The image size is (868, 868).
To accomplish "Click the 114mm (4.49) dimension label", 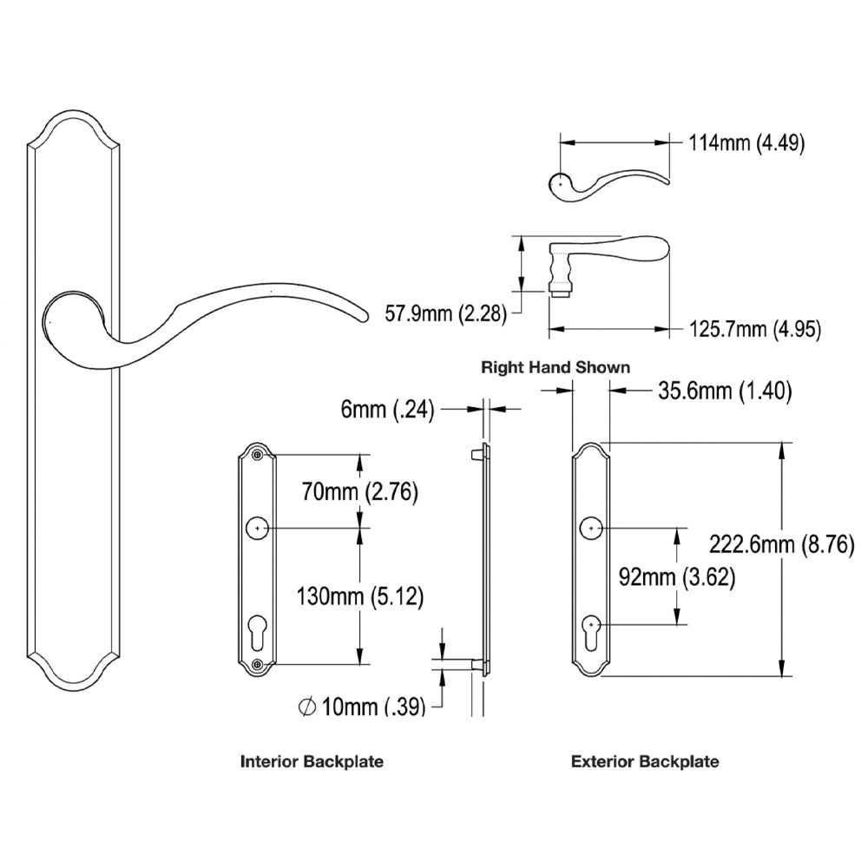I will click(746, 143).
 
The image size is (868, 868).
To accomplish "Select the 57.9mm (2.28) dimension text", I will click(445, 312).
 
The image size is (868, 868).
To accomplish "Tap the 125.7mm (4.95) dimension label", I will click(754, 329).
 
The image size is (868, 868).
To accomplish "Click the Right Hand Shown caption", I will click(556, 367).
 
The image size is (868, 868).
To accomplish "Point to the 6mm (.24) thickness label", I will click(387, 410).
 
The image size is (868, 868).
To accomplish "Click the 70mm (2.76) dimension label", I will click(358, 492).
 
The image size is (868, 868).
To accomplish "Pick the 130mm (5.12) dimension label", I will click(359, 596).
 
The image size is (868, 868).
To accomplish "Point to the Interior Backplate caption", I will click(312, 762).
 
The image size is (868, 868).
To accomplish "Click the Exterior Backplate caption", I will click(645, 762).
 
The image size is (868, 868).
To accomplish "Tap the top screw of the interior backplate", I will click(256, 455).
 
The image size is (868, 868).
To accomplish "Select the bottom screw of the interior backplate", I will click(256, 665).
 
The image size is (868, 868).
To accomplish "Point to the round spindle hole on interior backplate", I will click(257, 528).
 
